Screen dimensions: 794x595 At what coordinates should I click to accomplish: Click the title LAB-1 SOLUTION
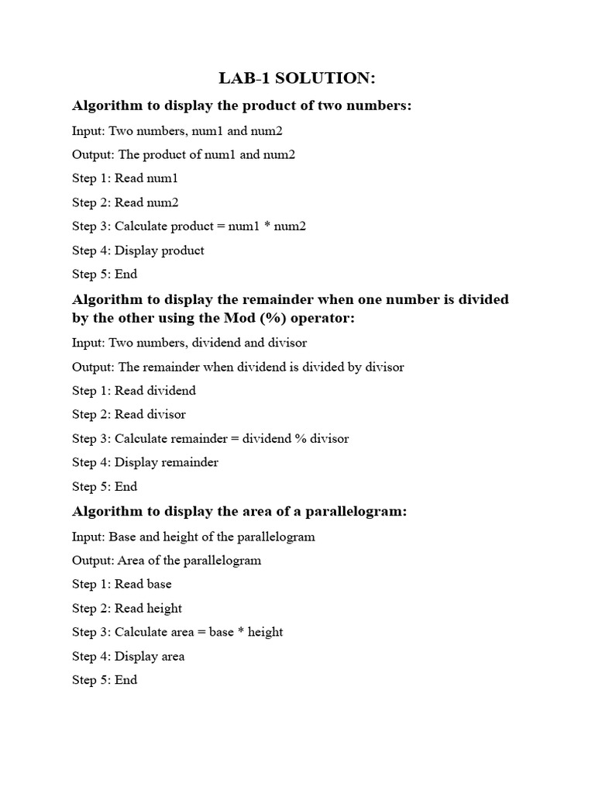[297, 78]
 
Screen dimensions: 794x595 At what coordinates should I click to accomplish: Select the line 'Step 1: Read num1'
[126, 178]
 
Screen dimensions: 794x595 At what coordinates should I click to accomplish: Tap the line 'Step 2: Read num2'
[126, 202]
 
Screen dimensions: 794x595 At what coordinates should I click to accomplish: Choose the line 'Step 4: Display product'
[138, 250]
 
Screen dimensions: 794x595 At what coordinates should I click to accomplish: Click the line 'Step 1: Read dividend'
[134, 391]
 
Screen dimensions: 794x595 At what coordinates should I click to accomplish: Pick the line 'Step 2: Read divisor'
[129, 414]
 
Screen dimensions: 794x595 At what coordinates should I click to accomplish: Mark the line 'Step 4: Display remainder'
[145, 462]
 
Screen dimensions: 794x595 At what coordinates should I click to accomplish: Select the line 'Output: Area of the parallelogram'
[167, 560]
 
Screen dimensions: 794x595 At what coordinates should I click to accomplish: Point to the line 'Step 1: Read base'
[122, 584]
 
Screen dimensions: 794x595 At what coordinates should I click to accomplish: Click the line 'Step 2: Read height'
[127, 608]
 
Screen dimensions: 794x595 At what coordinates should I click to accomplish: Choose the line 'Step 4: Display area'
[129, 656]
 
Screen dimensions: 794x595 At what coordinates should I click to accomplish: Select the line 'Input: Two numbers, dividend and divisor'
[190, 342]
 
